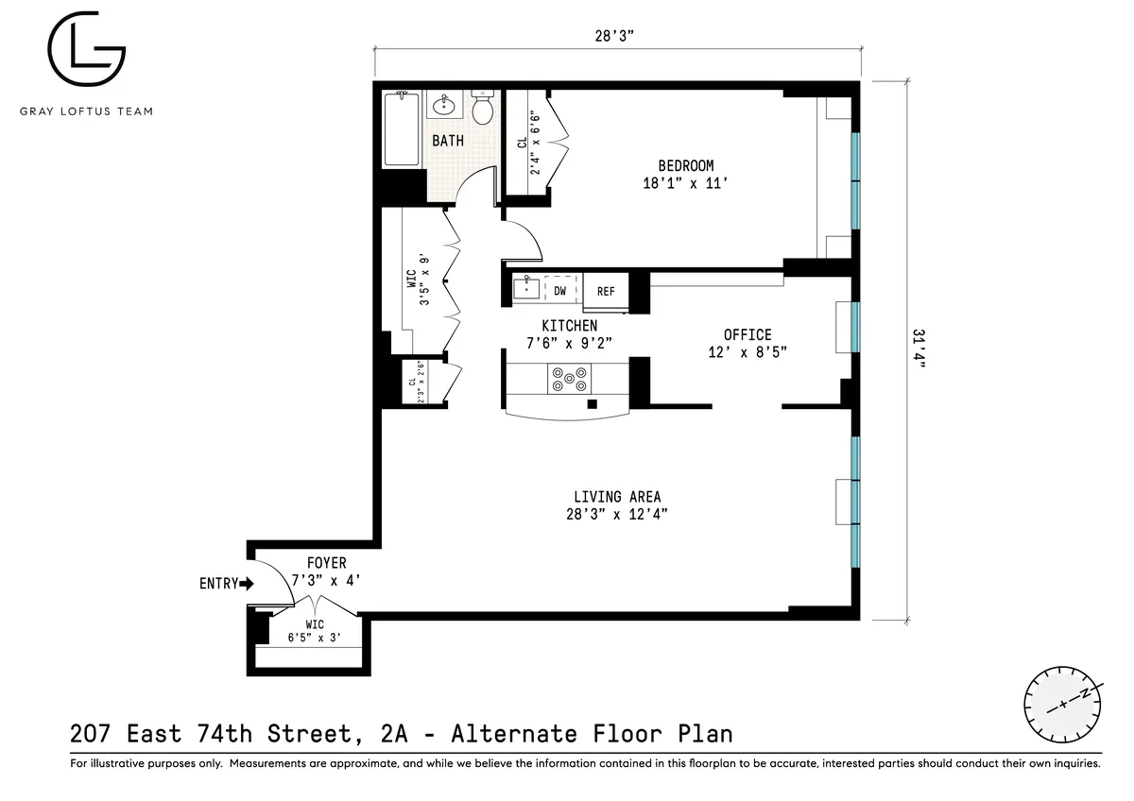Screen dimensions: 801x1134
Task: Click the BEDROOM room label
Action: [686, 166]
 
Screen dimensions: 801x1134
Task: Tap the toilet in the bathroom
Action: [483, 109]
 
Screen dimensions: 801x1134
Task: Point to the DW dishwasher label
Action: [560, 291]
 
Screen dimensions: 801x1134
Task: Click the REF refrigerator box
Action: [606, 292]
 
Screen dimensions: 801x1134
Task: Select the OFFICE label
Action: [747, 335]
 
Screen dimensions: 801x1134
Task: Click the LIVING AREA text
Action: [617, 497]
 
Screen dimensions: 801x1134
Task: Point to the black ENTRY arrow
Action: [249, 584]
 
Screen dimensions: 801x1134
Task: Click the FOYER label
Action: [326, 564]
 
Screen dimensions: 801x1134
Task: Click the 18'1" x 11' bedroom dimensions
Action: [686, 184]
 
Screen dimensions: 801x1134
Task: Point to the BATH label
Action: [448, 141]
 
